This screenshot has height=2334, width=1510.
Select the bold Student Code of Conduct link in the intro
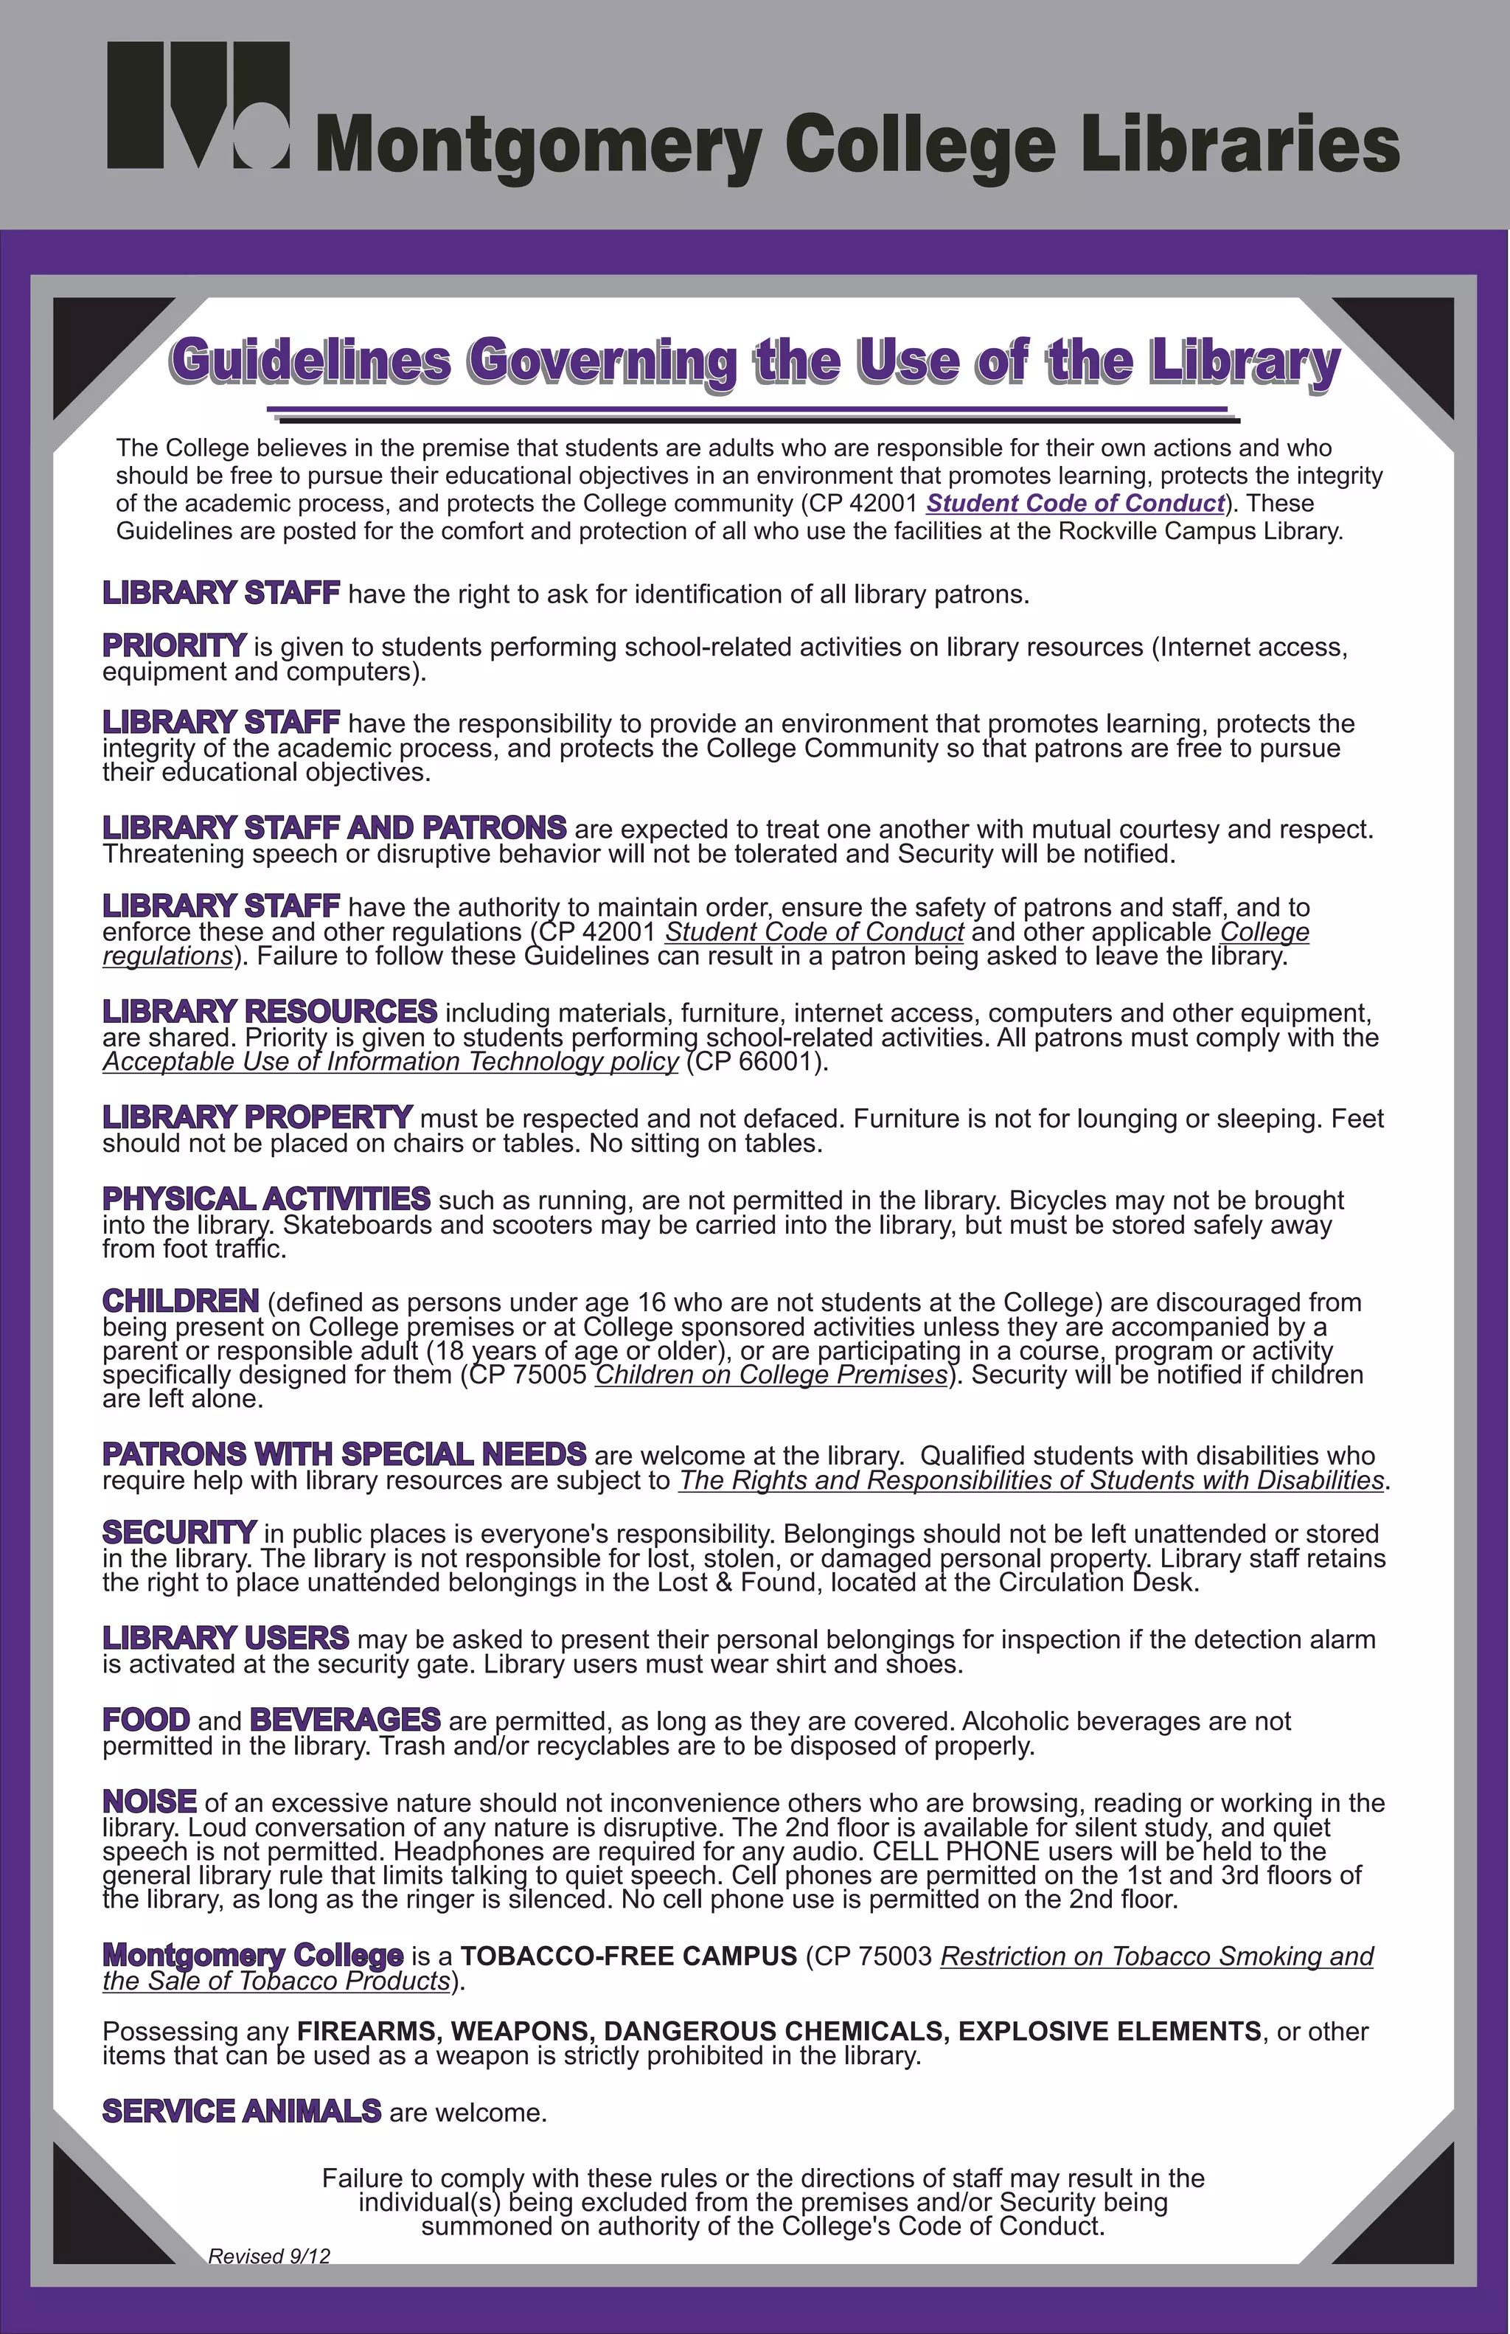click(x=1076, y=503)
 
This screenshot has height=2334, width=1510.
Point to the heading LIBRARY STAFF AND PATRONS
click(x=334, y=827)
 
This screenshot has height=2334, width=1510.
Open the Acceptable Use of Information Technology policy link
click(x=390, y=1062)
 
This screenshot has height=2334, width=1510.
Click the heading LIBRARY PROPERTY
click(x=257, y=1117)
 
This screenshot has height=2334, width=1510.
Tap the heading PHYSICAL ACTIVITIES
click(x=265, y=1198)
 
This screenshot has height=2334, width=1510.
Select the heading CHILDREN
click(x=181, y=1302)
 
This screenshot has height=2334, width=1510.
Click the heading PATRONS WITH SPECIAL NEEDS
click(x=344, y=1453)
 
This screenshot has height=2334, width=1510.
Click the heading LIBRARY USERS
click(x=226, y=1638)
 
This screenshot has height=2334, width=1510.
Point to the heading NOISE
click(x=150, y=1802)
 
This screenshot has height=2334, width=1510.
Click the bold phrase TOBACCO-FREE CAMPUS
click(x=628, y=1956)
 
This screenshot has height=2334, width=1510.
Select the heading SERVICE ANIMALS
click(x=241, y=2111)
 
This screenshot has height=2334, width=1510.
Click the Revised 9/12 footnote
click(x=268, y=2256)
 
